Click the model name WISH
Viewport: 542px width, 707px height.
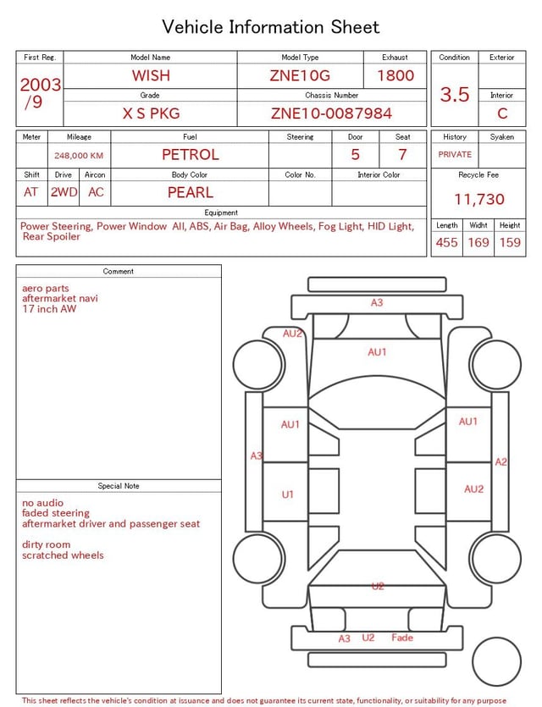151,75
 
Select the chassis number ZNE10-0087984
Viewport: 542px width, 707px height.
331,113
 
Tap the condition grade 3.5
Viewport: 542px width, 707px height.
455,94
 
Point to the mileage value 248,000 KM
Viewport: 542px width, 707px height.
79,156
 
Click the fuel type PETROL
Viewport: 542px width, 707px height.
191,155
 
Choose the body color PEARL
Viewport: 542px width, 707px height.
191,192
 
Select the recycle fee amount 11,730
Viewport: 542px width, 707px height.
478,199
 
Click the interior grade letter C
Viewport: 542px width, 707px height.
502,113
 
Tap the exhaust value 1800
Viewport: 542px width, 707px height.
395,75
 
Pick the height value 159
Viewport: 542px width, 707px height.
510,242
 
